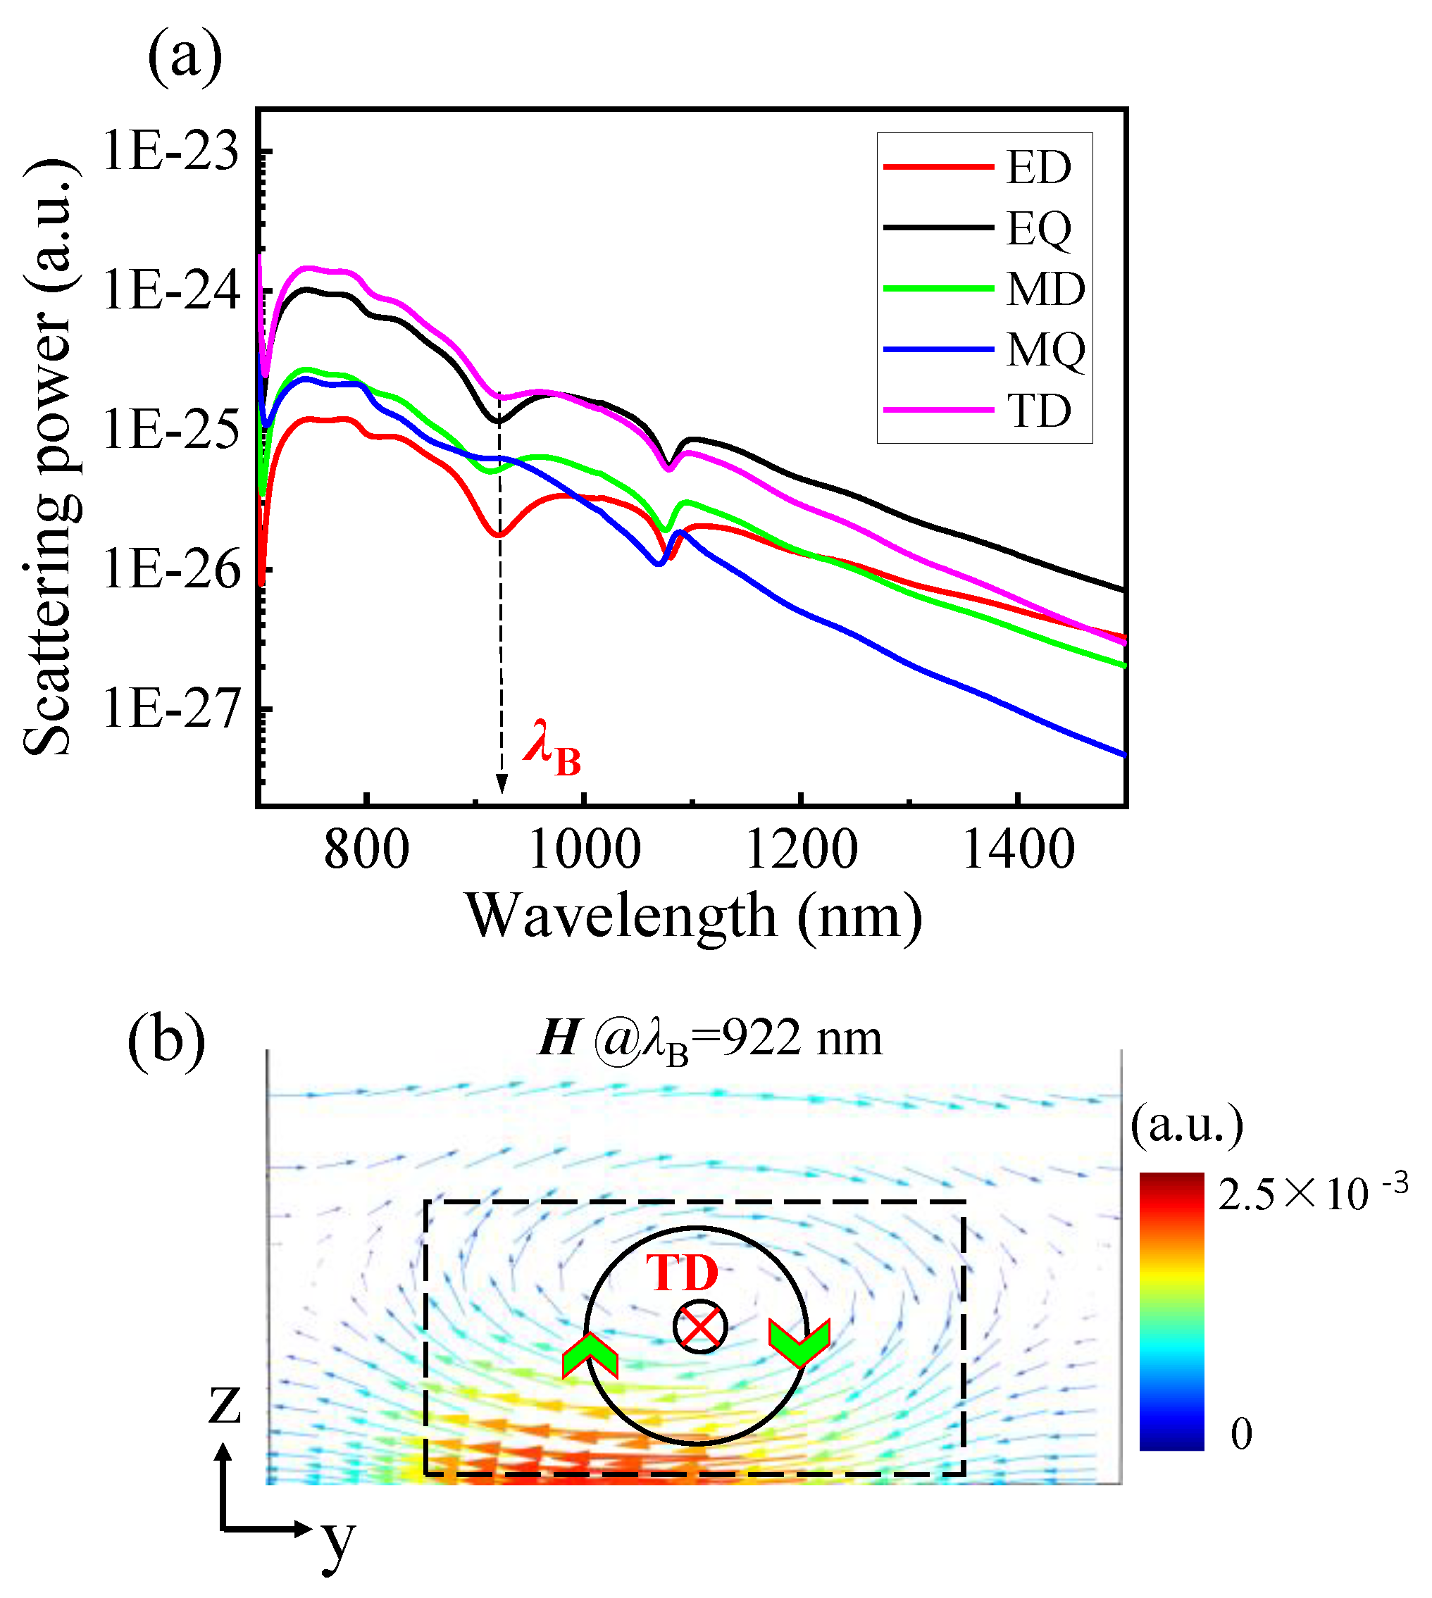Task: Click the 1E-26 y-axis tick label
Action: (x=170, y=570)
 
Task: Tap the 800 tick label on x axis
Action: (x=367, y=851)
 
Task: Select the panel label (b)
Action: (x=166, y=1041)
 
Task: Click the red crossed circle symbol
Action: (x=699, y=1328)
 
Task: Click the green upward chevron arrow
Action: (x=590, y=1356)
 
